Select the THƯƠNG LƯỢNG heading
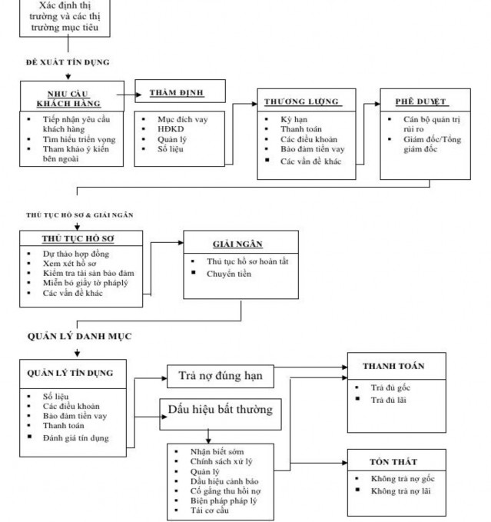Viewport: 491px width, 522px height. coord(300,101)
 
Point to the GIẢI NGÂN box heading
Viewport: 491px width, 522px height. coord(237,244)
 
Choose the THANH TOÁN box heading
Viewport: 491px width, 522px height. coord(393,366)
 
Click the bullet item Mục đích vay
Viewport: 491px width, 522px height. coord(181,119)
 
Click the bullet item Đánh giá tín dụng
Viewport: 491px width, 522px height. coord(75,438)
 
